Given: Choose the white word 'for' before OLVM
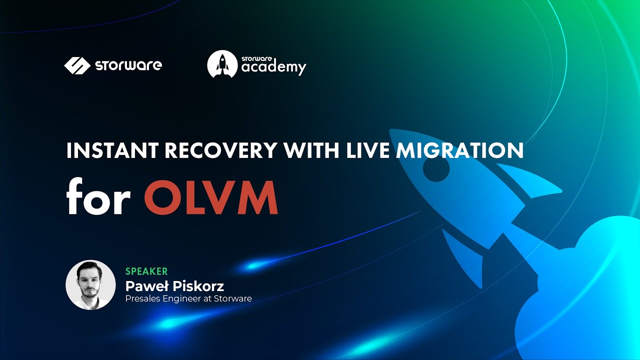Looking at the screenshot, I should coord(98,198).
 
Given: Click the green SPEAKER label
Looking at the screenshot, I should coord(146,271).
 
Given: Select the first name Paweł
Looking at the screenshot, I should coord(146,286).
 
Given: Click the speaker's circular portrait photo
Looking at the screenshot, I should coord(90,284).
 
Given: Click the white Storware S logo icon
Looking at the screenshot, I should coord(76,65).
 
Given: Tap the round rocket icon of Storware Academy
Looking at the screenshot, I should coord(222,64).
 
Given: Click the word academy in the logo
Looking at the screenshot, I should coord(273,67).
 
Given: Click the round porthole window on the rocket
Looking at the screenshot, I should coord(436,169).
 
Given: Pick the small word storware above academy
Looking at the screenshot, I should coord(255,58).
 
